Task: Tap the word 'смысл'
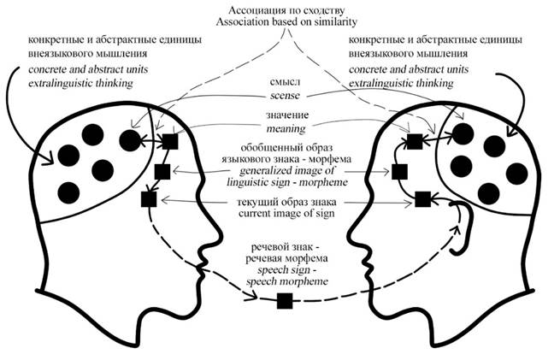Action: [280, 84]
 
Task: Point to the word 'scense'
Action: [280, 97]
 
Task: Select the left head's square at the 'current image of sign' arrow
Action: [148, 199]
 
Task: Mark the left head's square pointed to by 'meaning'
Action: [169, 140]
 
